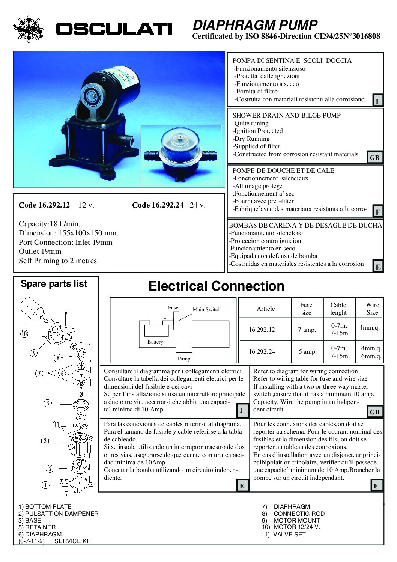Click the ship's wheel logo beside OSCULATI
coord(28,28)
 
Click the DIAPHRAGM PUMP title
coord(255,25)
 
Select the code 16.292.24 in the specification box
coord(158,205)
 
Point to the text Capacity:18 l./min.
coord(50,224)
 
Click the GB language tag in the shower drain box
coord(374,158)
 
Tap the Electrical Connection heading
coord(216,286)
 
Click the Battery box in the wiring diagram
coord(156,331)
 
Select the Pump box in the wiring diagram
coord(184,347)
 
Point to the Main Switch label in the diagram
coord(206,309)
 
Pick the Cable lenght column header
coord(338,309)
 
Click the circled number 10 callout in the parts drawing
coord(24,333)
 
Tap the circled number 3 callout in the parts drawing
coord(45,441)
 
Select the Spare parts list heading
coord(54,284)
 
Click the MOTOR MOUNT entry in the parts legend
coord(296,520)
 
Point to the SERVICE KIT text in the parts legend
coord(73,541)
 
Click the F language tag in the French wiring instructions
coord(376,486)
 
